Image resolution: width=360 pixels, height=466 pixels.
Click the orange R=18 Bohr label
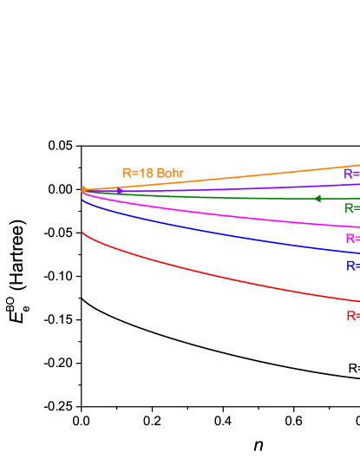point(153,174)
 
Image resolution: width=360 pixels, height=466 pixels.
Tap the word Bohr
point(170,174)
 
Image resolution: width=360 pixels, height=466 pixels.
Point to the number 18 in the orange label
point(147,174)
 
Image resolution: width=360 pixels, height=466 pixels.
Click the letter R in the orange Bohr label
point(127,174)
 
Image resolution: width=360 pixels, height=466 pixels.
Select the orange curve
point(260,174)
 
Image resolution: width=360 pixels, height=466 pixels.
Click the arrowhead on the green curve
point(317,199)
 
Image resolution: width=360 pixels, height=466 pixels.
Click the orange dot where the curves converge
point(83,189)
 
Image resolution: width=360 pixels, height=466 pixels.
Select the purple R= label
point(351,174)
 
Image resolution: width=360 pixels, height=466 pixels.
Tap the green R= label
point(351,208)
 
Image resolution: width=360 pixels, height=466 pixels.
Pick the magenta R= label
point(352,239)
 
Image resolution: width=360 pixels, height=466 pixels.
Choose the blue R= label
point(352,266)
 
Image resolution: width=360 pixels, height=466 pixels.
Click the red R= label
point(352,316)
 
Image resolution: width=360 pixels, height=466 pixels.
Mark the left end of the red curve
point(82,233)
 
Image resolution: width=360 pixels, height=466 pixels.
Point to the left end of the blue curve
point(82,200)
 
